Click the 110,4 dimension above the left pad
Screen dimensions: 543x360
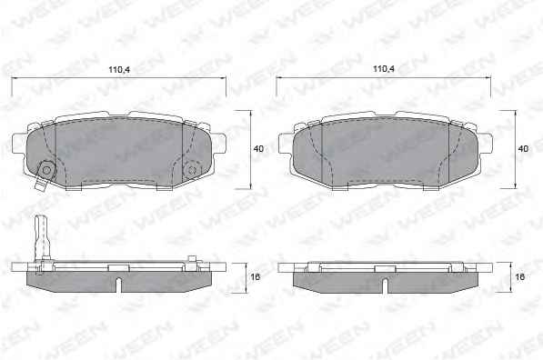pyautogui.click(x=119, y=70)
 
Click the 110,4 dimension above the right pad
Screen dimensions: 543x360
pyautogui.click(x=383, y=69)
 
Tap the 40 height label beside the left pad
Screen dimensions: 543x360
pyautogui.click(x=258, y=149)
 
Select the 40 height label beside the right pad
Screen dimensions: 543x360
pyautogui.click(x=523, y=149)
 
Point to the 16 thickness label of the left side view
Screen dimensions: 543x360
pyautogui.click(x=255, y=277)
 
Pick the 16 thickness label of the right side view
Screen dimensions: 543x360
pyautogui.click(x=519, y=277)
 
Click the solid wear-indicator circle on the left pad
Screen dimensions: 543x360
pyautogui.click(x=45, y=170)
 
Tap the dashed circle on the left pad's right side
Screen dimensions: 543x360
pyautogui.click(x=192, y=170)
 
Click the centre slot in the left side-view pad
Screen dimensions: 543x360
pyautogui.click(x=119, y=285)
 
